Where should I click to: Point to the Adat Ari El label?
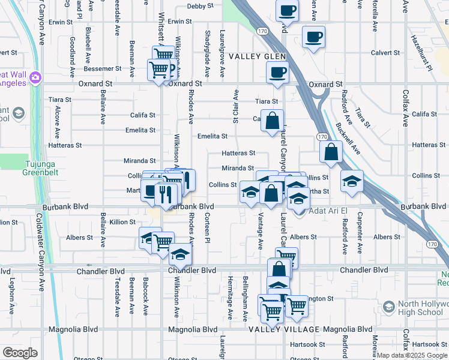coord(328,212)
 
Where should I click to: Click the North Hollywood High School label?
coord(421,308)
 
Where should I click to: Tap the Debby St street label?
coord(200,6)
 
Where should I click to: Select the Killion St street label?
coord(122,222)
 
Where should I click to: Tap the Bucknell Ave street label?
coord(348,140)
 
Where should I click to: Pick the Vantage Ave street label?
coord(261,231)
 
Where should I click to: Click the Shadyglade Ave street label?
coord(207,54)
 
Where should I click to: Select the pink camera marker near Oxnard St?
coord(35,77)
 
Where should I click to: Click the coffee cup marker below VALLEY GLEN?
coord(277,73)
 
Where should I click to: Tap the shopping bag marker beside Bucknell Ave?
coord(331,152)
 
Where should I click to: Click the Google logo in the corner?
coord(20,353)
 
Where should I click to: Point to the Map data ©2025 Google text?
coord(411,355)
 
